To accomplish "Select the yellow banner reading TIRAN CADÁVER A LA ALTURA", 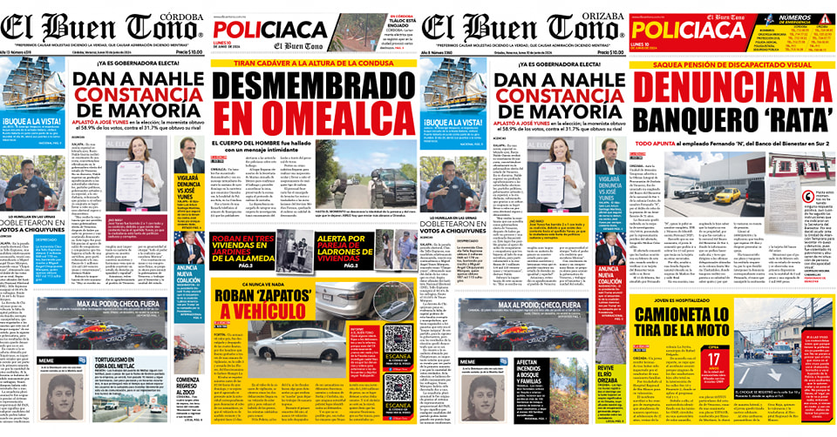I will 313,64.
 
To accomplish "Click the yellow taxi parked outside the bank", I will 726,195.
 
